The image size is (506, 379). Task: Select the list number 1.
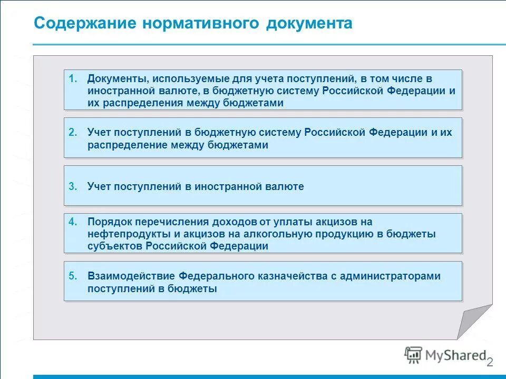[73, 79]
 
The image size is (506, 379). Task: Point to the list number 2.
[73, 133]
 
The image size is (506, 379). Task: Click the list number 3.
[73, 186]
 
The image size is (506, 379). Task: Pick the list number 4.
[73, 222]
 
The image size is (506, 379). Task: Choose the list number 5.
[73, 276]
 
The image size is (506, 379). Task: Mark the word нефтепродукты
[121, 234]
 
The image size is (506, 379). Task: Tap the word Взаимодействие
[131, 276]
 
